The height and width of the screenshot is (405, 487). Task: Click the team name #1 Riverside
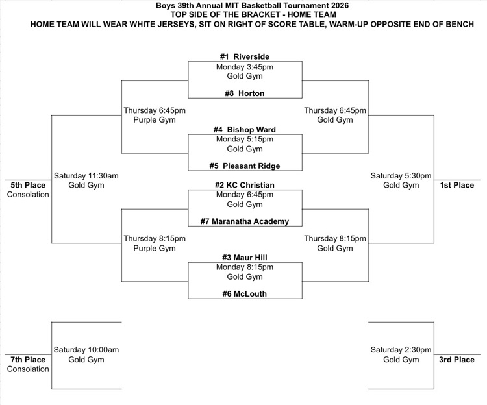(x=244, y=57)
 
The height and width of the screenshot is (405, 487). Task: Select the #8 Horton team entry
(x=244, y=93)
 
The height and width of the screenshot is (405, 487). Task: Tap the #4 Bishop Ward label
(x=244, y=130)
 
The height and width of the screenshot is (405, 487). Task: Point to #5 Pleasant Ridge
(x=244, y=166)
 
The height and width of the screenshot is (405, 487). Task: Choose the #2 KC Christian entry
(x=244, y=186)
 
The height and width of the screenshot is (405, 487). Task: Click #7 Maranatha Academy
(x=244, y=222)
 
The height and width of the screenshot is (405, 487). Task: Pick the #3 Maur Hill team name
(x=244, y=258)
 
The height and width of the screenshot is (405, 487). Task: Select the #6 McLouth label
(x=244, y=294)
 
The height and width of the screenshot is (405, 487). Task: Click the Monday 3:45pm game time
(x=244, y=67)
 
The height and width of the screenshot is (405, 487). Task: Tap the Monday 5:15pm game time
(x=244, y=140)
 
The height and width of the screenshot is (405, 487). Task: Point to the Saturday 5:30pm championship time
(x=401, y=176)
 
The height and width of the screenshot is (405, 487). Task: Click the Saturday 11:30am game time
(x=86, y=176)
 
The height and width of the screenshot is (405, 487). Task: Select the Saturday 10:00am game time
(x=86, y=350)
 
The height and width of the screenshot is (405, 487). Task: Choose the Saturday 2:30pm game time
(x=401, y=350)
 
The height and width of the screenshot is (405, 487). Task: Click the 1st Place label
(x=457, y=185)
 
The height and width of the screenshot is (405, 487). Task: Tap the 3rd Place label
(x=457, y=360)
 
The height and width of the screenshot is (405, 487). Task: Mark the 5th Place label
(x=28, y=185)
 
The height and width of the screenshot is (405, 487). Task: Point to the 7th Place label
(x=28, y=360)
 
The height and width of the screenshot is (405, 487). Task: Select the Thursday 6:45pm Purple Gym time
(x=149, y=110)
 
